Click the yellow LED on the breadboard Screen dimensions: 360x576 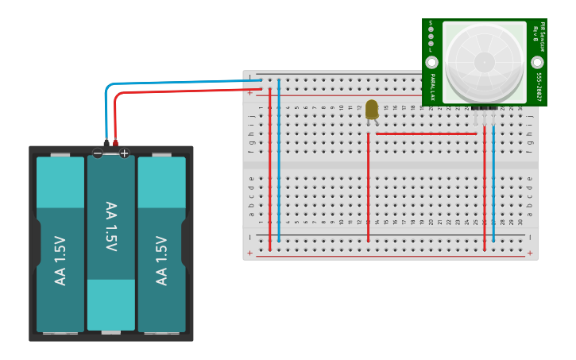point(372,110)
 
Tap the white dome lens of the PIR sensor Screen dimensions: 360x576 point(484,61)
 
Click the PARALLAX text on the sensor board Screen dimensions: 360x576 point(432,87)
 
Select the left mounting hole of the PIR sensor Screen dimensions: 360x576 point(431,62)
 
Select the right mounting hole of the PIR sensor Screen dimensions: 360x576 point(537,62)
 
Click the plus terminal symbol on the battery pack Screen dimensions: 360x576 point(124,153)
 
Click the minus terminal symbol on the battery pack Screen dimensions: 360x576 point(98,153)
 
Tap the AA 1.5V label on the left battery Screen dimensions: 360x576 point(60,261)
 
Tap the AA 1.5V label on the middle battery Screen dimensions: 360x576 point(111,227)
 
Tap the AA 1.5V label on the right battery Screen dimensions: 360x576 point(162,261)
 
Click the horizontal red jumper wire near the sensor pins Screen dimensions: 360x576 point(425,134)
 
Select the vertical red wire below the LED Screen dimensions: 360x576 point(368,191)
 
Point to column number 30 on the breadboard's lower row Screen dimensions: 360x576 point(520,223)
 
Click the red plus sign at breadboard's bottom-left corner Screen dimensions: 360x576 point(250,253)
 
